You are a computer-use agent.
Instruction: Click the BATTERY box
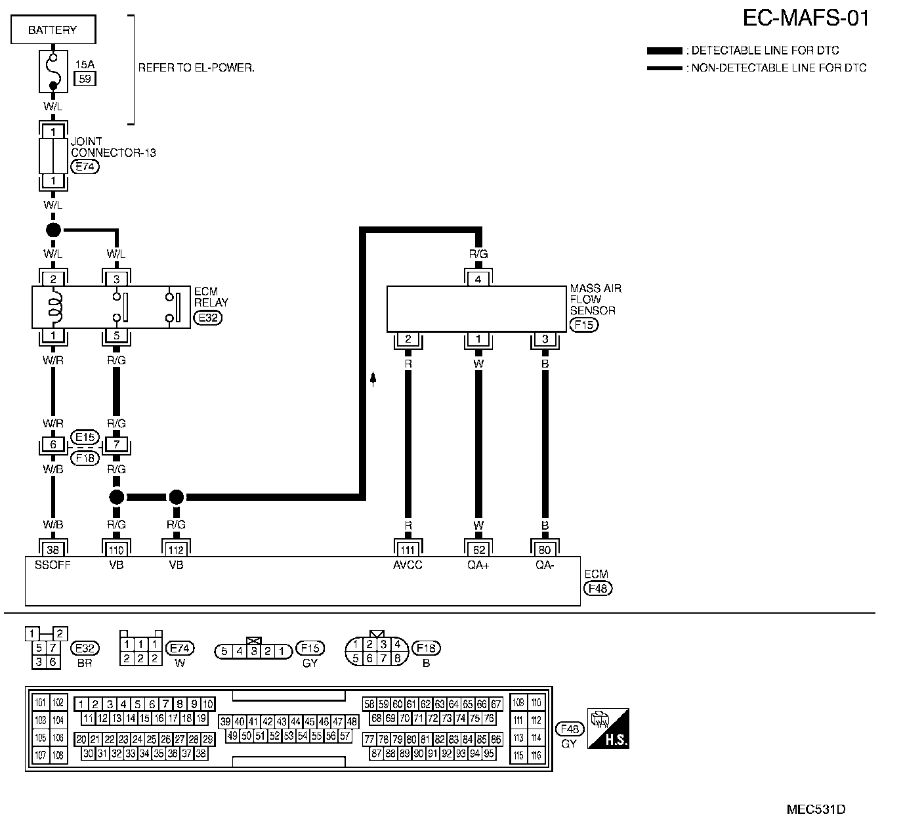[x=52, y=30]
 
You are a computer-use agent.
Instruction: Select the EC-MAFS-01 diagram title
[x=806, y=18]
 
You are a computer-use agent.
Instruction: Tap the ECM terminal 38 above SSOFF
[x=52, y=550]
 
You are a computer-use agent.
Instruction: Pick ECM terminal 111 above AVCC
[x=408, y=550]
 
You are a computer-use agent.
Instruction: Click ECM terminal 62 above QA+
[x=478, y=550]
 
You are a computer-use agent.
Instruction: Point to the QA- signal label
[x=545, y=565]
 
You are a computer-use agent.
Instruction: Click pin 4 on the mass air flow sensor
[x=478, y=279]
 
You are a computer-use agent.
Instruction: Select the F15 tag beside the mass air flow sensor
[x=584, y=324]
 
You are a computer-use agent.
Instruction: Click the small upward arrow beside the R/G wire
[x=373, y=379]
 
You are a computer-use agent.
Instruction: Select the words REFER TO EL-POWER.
[x=196, y=68]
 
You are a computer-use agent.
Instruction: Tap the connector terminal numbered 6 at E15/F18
[x=52, y=445]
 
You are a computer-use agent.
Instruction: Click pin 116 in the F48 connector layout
[x=536, y=756]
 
